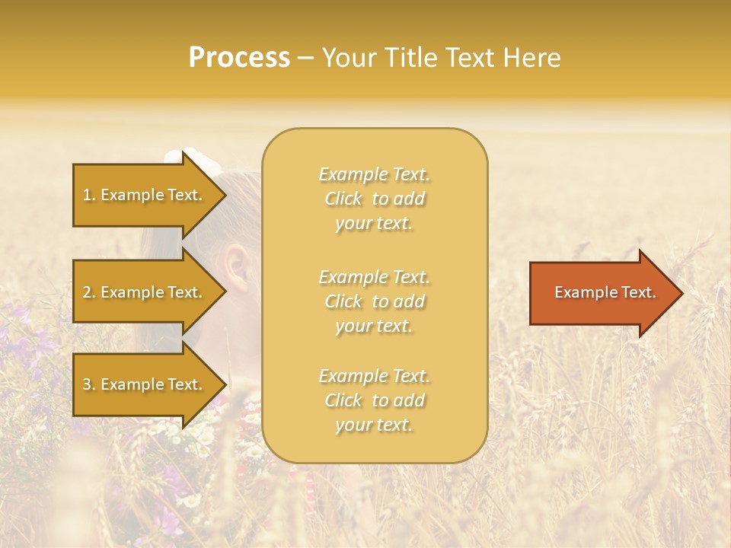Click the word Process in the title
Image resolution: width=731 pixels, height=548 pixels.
(x=239, y=58)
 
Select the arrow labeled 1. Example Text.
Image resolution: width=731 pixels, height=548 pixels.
(x=145, y=195)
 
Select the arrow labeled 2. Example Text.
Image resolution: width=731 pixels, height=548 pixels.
(x=145, y=292)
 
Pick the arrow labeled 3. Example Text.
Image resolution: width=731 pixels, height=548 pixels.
(x=145, y=384)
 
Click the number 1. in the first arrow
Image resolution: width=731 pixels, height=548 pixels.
(x=89, y=195)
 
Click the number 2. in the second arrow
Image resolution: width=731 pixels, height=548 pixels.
(x=89, y=292)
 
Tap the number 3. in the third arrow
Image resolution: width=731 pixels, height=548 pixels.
(x=89, y=384)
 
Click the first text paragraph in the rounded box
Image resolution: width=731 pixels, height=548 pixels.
(x=375, y=199)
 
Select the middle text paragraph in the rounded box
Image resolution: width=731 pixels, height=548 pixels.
(x=375, y=301)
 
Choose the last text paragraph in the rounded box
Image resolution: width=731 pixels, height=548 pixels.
(x=375, y=400)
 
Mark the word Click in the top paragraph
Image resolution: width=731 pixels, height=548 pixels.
(x=343, y=199)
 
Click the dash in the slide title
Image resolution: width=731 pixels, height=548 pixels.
(x=306, y=59)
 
